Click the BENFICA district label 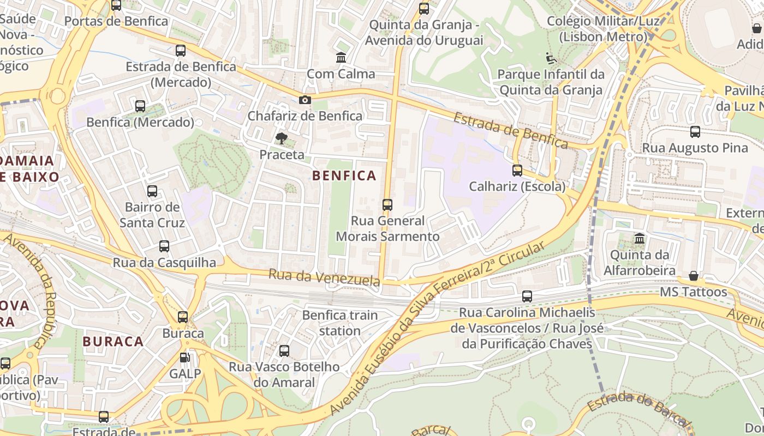(344, 175)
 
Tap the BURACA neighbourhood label (113, 342)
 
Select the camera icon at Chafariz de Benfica (305, 100)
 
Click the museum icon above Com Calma (341, 57)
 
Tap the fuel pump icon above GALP (185, 358)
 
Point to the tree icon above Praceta (282, 138)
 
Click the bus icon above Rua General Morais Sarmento (387, 205)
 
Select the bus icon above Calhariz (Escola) (517, 171)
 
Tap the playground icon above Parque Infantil (551, 58)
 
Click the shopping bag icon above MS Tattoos (693, 276)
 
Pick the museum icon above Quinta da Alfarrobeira (639, 239)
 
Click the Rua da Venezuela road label (324, 277)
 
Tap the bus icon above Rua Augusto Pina (695, 131)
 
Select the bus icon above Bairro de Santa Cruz (152, 191)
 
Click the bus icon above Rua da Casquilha (164, 246)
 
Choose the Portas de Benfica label (116, 21)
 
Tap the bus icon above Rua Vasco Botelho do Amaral (284, 351)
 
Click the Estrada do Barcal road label (639, 408)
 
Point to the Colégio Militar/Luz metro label (603, 29)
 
